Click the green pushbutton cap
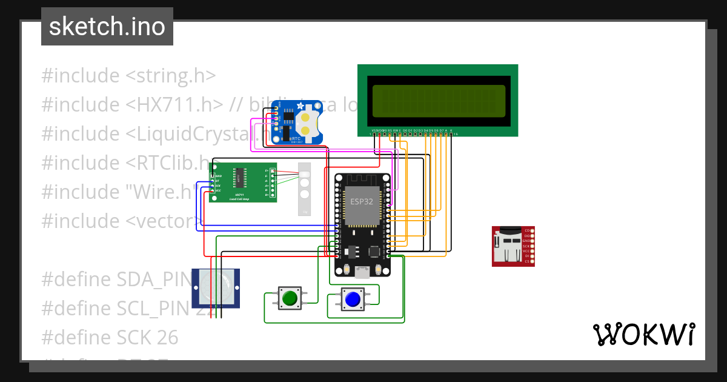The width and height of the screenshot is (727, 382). point(290,298)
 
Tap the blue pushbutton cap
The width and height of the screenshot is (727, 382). point(352,298)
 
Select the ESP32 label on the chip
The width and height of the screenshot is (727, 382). point(362,202)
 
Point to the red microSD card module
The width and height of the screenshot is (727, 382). point(509,246)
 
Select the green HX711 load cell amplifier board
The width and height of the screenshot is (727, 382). point(243,182)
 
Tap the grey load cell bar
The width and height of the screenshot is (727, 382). point(304,189)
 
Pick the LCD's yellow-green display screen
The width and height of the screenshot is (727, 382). point(439,101)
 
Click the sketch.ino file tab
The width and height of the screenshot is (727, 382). point(107,27)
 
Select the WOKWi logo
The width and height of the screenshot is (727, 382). point(643,334)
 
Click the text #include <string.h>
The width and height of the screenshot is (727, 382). point(128,76)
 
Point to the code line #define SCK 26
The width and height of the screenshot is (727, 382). point(110,337)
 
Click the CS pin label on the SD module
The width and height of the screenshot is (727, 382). point(526,261)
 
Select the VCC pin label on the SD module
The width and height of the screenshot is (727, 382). point(526,250)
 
